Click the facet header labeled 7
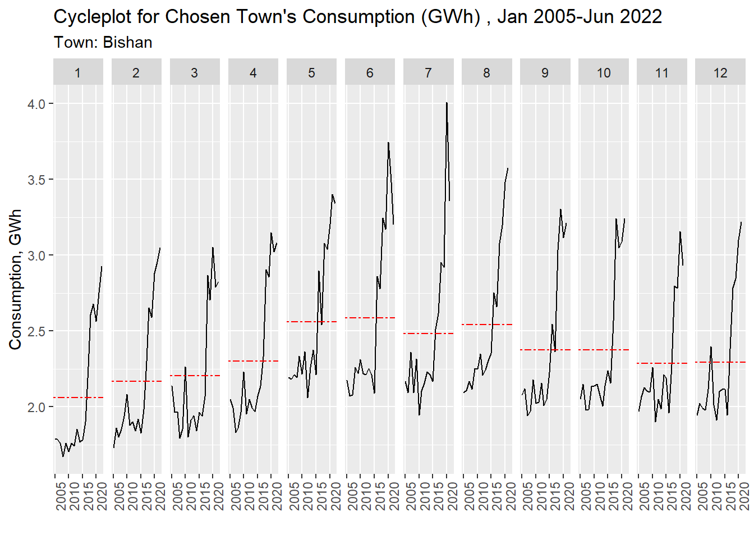428,73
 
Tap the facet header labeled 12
720,73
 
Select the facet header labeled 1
77,73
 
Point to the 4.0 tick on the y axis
37,104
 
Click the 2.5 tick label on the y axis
37,331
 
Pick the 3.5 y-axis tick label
37,180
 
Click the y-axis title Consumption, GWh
15,279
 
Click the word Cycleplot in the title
93,17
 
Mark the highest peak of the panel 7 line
447,103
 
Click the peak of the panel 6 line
388,143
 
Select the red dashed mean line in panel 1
79,398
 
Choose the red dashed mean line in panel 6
370,318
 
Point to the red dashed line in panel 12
720,362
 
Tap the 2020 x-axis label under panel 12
744,496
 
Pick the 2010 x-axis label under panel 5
307,496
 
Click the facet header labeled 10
604,73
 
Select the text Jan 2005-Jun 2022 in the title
580,17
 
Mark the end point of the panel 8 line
508,168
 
